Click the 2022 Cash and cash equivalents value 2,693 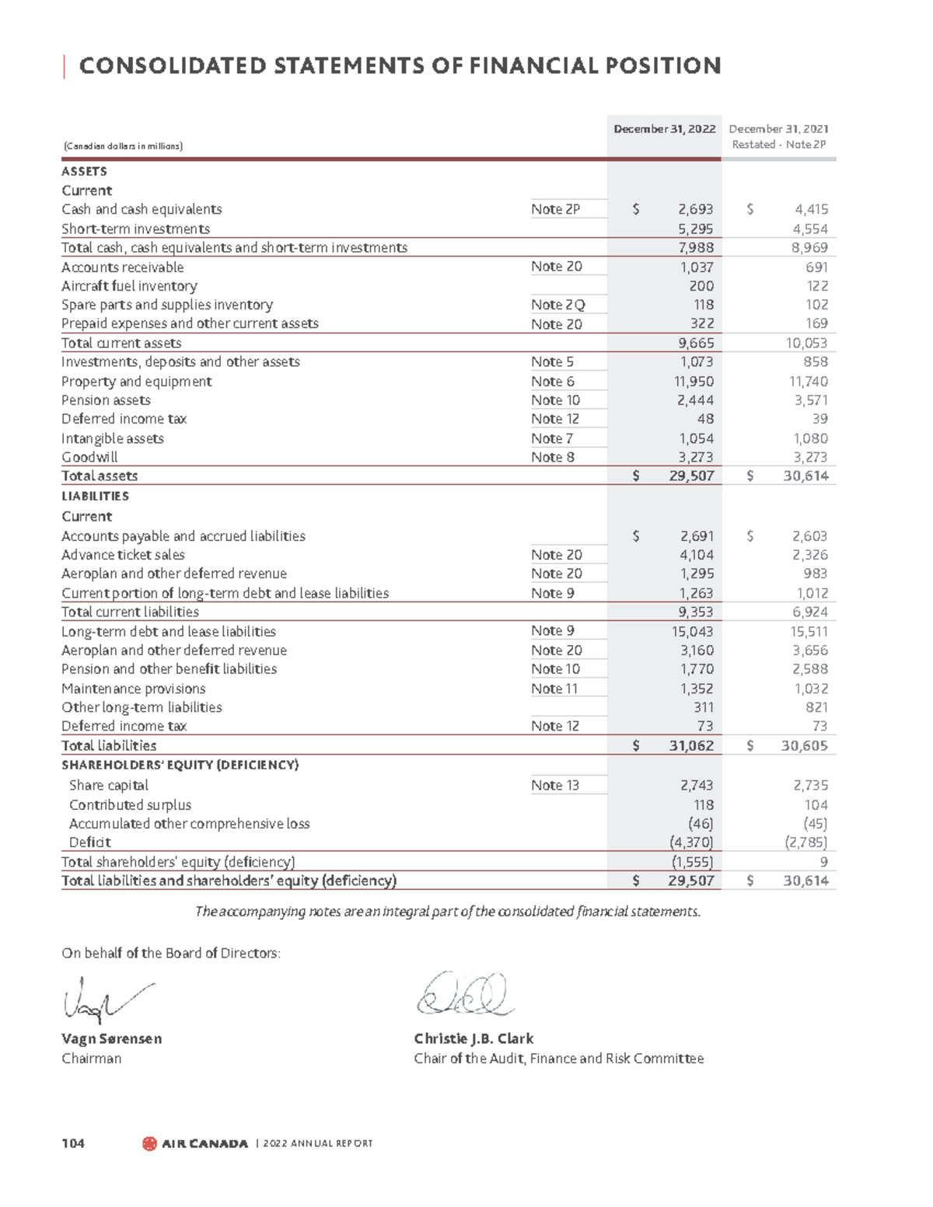(695, 209)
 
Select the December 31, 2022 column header (664, 129)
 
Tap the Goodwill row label (89, 457)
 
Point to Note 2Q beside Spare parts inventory (557, 305)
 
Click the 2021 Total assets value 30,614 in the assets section (805, 476)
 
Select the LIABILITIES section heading (95, 496)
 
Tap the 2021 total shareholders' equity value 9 (823, 862)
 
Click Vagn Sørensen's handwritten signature (105, 999)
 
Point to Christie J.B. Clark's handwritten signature (464, 996)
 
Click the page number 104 (73, 1143)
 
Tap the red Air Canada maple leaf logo (149, 1143)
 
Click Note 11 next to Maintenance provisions (554, 689)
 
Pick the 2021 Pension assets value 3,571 (811, 400)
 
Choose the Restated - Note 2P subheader (778, 145)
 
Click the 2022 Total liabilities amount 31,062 (690, 745)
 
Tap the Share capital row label (108, 785)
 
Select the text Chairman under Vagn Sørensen (91, 1059)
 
